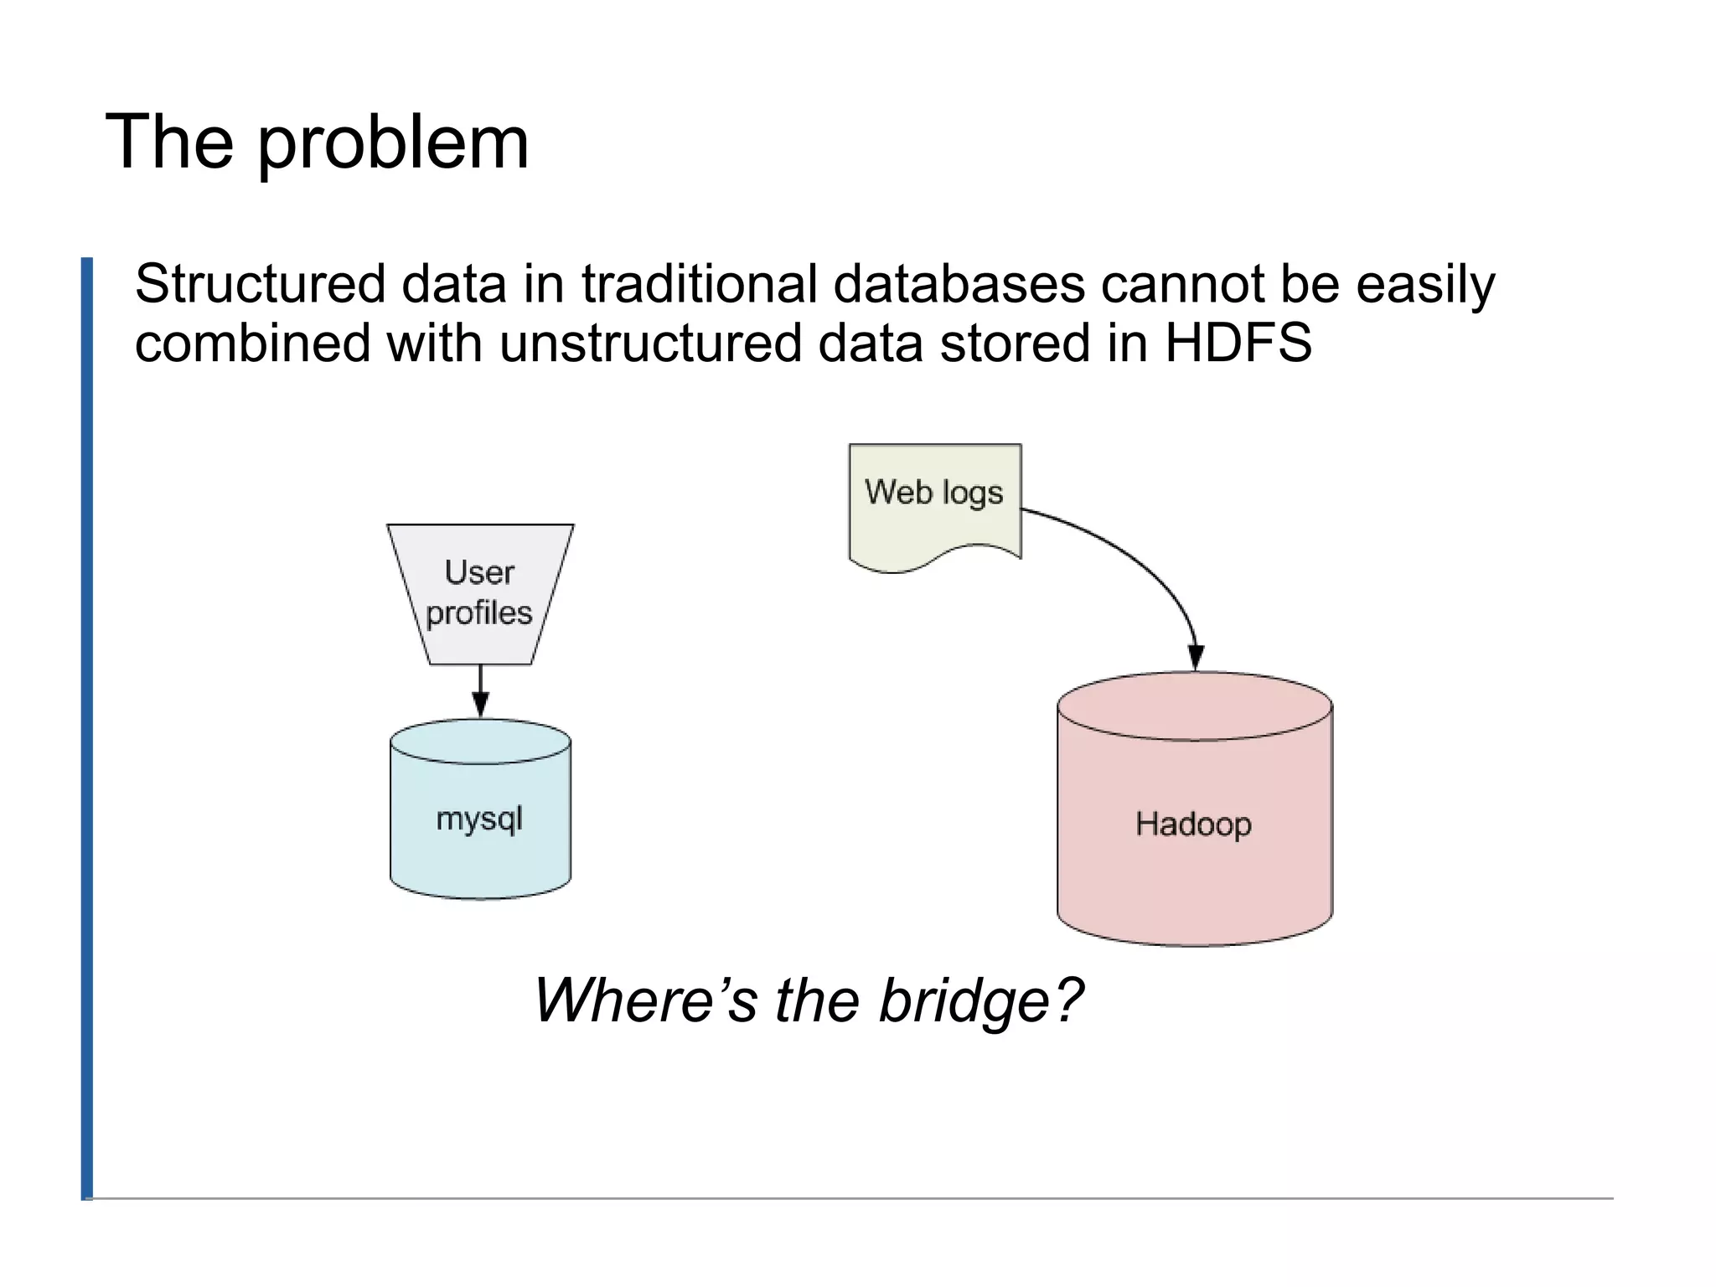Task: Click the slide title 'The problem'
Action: pyautogui.click(x=317, y=142)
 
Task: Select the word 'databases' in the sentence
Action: pyautogui.click(x=959, y=284)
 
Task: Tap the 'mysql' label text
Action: pyautogui.click(x=479, y=819)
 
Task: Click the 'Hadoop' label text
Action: pyautogui.click(x=1193, y=824)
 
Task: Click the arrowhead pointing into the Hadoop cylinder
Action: pyautogui.click(x=1196, y=658)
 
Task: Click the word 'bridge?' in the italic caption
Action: pyautogui.click(x=980, y=1000)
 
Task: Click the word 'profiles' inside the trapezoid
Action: pyautogui.click(x=479, y=613)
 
